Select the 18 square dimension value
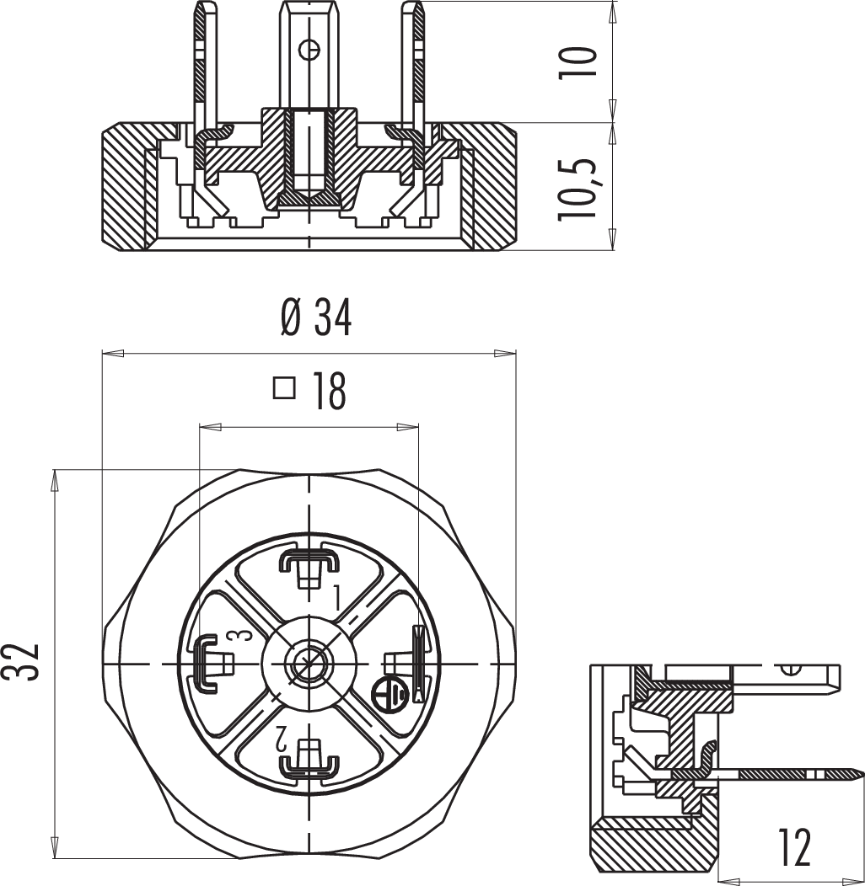(329, 392)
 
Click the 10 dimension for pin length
(578, 62)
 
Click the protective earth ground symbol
(390, 692)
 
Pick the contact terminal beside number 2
(309, 760)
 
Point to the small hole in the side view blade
(790, 670)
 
